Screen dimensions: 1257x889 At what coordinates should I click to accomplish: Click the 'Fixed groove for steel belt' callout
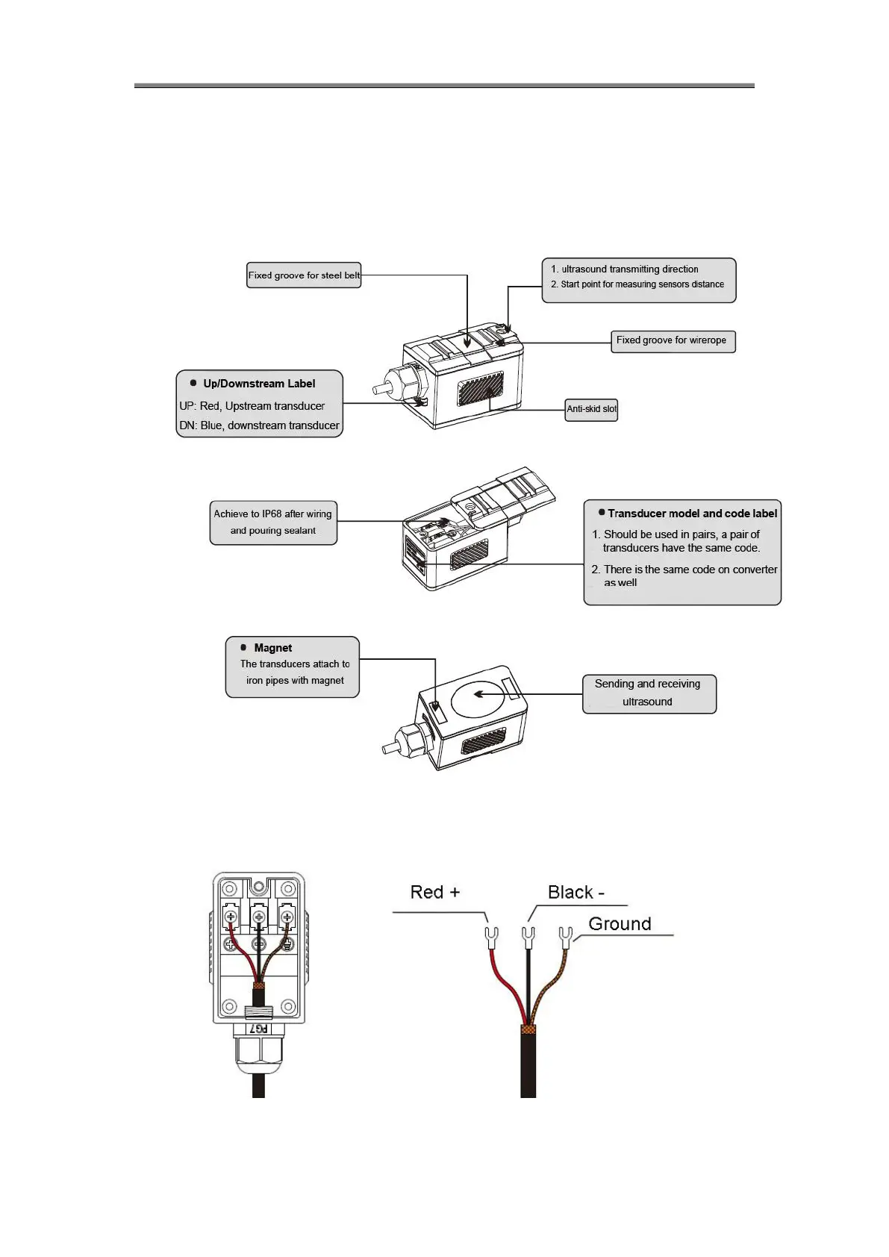[x=304, y=275]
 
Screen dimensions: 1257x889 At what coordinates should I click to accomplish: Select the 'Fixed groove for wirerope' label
[x=672, y=341]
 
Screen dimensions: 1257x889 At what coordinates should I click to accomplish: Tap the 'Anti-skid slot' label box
[x=591, y=409]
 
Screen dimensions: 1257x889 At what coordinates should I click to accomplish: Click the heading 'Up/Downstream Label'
[x=259, y=384]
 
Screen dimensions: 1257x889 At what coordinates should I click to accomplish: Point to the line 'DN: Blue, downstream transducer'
[x=259, y=425]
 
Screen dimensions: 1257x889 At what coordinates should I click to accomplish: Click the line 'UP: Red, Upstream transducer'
[x=252, y=406]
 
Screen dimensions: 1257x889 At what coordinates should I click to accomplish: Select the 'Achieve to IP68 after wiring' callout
[x=272, y=522]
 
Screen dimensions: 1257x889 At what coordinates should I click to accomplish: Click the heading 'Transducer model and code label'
[x=692, y=514]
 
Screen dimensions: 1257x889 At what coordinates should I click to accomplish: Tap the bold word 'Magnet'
[x=272, y=648]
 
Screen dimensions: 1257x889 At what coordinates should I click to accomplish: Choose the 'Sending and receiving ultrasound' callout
[x=648, y=693]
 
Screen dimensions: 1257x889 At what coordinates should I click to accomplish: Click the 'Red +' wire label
[x=435, y=893]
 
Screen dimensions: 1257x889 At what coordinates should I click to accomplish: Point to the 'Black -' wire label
[x=575, y=893]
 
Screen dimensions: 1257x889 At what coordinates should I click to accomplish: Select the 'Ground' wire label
[x=620, y=924]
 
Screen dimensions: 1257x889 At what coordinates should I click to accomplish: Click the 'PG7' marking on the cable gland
[x=258, y=1029]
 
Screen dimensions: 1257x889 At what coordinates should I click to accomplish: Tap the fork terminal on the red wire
[x=492, y=935]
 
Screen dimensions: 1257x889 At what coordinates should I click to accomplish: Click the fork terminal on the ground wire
[x=565, y=935]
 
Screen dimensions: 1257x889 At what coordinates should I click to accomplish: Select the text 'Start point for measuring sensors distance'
[x=642, y=284]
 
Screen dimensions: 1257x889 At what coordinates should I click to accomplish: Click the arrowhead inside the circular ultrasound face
[x=478, y=694]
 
